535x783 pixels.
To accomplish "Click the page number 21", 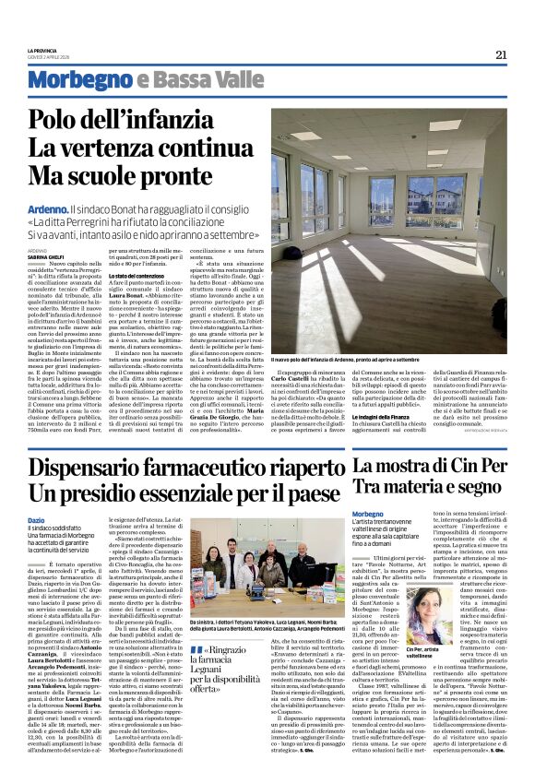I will pyautogui.click(x=501, y=54).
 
